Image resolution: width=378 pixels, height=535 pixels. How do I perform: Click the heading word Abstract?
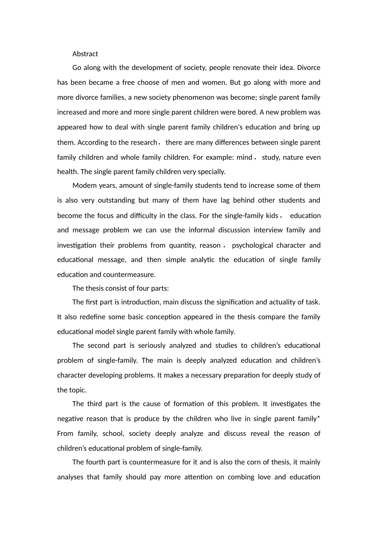coord(85,54)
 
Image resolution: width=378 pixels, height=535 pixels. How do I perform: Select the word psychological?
coord(252,245)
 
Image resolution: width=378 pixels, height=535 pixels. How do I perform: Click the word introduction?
coord(141,302)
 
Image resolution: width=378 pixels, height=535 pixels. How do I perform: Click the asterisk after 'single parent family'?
coord(319,418)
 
